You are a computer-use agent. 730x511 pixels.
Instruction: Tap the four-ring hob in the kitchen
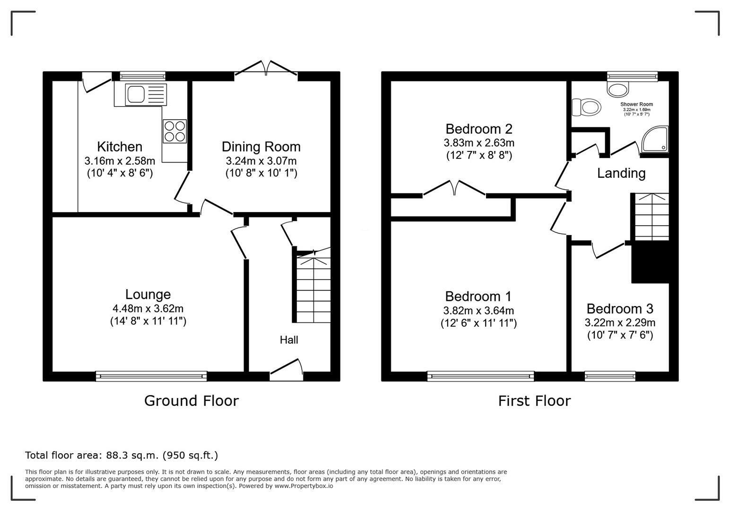(174, 131)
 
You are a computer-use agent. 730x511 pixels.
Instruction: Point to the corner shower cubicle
(655, 139)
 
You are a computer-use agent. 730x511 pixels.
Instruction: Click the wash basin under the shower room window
(618, 88)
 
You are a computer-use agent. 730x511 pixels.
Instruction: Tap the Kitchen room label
(120, 147)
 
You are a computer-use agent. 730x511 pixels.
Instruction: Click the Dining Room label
(261, 147)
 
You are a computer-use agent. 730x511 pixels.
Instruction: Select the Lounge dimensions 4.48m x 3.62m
(148, 308)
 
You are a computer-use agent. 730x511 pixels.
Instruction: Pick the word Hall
(289, 340)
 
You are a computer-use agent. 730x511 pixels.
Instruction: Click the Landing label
(621, 173)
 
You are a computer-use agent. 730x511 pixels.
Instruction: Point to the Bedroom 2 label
(479, 129)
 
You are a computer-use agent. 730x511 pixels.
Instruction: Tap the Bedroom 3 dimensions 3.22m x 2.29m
(620, 323)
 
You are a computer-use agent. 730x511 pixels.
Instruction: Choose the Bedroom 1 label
(478, 296)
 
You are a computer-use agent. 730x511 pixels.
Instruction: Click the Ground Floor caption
(191, 401)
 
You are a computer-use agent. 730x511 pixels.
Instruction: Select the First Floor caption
(534, 401)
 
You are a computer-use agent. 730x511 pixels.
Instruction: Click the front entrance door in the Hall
(287, 370)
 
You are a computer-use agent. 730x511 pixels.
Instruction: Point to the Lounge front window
(151, 376)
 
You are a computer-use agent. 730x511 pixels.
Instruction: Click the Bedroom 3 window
(610, 376)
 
